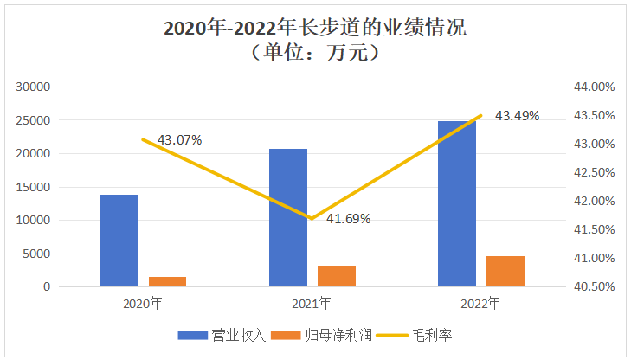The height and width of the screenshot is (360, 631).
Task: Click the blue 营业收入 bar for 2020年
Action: pos(119,241)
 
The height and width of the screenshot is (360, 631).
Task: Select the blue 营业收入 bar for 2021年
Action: pos(288,217)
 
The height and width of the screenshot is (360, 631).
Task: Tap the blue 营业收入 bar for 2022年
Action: pos(457,203)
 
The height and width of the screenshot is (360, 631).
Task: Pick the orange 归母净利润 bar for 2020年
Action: pos(167,281)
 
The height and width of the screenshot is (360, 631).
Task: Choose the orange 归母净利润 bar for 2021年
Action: pos(336,275)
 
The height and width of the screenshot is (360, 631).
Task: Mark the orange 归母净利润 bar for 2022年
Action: pos(505,271)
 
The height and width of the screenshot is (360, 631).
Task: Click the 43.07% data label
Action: pos(179,139)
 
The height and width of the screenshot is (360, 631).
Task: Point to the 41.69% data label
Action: pos(348,219)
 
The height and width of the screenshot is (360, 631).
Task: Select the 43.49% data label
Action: pos(517,115)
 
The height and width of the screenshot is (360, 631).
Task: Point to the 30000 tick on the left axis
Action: pos(35,87)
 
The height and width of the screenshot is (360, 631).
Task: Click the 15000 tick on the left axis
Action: pos(35,187)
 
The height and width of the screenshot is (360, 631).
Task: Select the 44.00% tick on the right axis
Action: pos(593,87)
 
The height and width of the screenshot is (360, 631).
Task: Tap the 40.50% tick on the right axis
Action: pos(593,286)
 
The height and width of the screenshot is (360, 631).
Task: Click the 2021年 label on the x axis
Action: pos(312,304)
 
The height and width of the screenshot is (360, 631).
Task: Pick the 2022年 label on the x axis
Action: pos(480,304)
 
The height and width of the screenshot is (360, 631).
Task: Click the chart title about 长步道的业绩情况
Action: pos(315,28)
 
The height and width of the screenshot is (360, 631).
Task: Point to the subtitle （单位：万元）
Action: pos(315,54)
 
